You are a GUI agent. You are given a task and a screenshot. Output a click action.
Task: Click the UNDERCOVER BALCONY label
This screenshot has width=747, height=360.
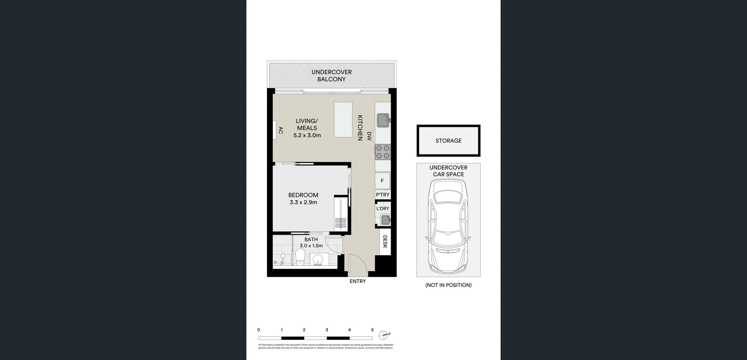tap(331, 76)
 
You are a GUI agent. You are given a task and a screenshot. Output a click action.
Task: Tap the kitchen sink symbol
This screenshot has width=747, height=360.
tap(383, 120)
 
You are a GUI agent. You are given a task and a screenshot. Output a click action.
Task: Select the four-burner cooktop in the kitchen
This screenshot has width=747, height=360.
tap(382, 152)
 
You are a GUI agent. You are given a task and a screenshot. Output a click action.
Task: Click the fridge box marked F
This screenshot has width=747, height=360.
tap(382, 181)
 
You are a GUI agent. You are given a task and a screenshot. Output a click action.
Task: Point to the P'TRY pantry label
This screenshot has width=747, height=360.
tap(382, 195)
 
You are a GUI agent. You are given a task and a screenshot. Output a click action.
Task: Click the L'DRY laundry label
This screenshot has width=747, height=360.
tap(382, 209)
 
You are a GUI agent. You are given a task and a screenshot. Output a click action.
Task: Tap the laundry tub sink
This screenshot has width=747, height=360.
tap(385, 220)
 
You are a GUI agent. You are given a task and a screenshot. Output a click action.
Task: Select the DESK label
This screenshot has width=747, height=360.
tap(385, 241)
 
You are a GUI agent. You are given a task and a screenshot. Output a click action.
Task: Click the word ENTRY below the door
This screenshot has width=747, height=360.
tap(358, 281)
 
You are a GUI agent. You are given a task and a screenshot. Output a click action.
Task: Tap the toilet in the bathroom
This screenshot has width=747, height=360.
tap(300, 258)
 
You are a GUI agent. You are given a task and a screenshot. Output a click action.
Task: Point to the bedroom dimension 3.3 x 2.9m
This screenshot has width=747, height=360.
tap(303, 202)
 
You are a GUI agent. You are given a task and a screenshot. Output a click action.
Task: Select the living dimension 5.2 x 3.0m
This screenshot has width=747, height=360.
tap(307, 135)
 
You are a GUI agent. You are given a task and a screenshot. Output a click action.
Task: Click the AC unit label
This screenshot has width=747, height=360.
tap(281, 130)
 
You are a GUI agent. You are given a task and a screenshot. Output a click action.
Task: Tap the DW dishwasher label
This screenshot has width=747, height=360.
tap(369, 136)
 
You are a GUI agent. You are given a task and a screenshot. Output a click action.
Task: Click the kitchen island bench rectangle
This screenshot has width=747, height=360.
tap(343, 119)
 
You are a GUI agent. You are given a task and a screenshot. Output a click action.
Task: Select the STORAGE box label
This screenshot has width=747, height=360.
tap(448, 140)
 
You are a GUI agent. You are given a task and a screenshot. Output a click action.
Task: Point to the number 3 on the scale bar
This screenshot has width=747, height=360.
tap(327, 330)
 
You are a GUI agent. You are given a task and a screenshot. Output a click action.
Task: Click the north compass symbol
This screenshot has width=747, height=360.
tap(383, 335)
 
